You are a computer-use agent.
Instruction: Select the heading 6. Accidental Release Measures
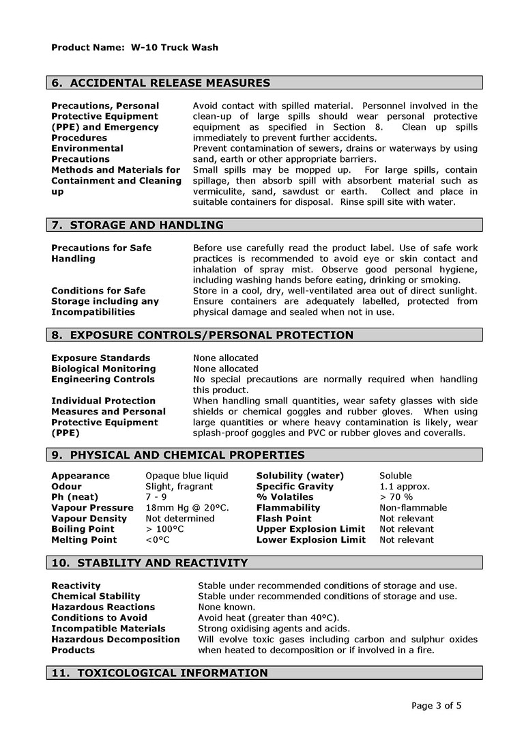point(161,83)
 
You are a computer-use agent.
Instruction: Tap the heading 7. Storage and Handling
point(137,225)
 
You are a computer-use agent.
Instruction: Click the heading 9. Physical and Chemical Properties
point(178,455)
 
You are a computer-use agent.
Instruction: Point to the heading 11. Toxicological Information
point(160,674)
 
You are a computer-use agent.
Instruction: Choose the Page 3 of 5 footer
point(437,706)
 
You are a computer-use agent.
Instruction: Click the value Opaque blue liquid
point(187,476)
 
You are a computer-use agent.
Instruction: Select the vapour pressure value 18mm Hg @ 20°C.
point(188,508)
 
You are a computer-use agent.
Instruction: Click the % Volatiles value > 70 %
point(396,497)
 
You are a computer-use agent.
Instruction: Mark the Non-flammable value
point(413,508)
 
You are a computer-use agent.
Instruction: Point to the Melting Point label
point(84,540)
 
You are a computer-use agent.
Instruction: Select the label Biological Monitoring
point(103,369)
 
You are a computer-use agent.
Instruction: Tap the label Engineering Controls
point(102,380)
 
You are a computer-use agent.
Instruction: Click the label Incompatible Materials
point(108,629)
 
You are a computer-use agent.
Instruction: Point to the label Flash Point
point(284,519)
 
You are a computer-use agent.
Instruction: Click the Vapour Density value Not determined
point(180,519)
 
